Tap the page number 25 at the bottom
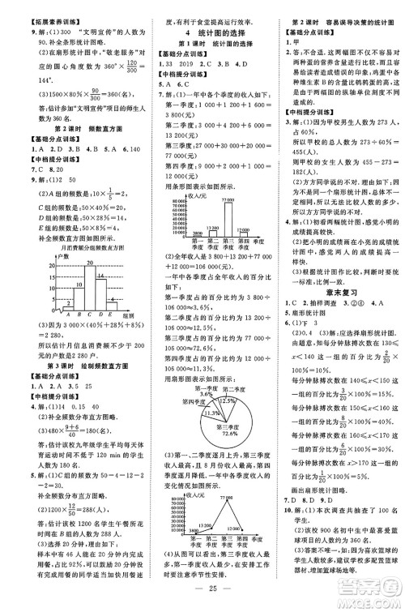point(202,587)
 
